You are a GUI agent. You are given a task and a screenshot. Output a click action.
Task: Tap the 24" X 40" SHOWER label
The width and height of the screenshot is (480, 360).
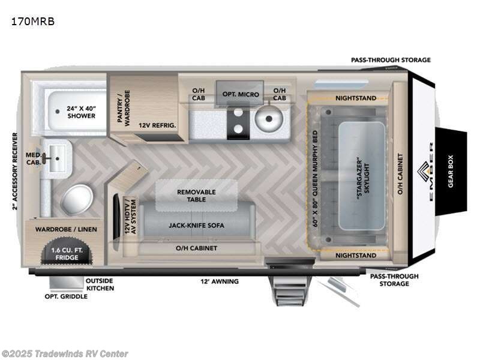click(81, 112)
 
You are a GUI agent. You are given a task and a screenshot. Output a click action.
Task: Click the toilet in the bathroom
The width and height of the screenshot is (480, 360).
click(77, 199)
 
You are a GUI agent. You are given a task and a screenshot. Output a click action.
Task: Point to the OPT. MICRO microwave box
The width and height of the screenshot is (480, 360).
click(241, 94)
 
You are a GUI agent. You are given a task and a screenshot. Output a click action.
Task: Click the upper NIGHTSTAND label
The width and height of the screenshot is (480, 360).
click(356, 98)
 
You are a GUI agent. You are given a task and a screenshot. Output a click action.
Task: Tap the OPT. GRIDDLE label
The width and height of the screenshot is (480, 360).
click(66, 296)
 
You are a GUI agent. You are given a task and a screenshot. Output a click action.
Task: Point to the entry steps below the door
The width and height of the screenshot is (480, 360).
click(290, 292)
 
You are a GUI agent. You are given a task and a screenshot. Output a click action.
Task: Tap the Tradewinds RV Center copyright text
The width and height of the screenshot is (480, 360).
click(65, 353)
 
